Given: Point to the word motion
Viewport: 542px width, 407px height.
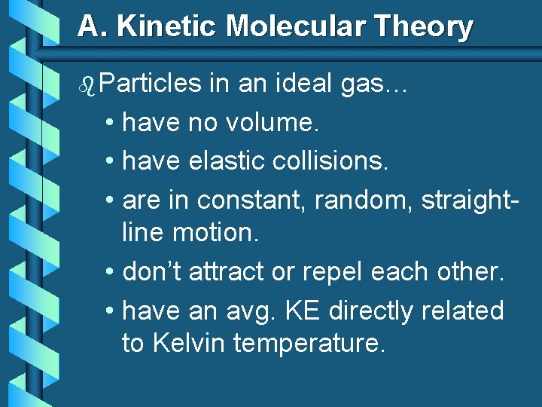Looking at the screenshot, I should tap(215, 234).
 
